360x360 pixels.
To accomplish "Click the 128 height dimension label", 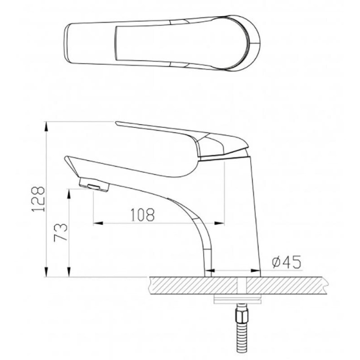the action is tap(38, 199).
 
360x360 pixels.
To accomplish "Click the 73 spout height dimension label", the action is tap(61, 232).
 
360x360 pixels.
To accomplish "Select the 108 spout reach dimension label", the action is tap(143, 215).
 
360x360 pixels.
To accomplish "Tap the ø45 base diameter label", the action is tap(286, 262).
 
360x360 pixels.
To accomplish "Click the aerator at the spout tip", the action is tap(94, 184).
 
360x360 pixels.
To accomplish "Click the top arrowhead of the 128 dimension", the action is tap(46, 126).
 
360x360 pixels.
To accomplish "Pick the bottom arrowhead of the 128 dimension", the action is tap(46, 272).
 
